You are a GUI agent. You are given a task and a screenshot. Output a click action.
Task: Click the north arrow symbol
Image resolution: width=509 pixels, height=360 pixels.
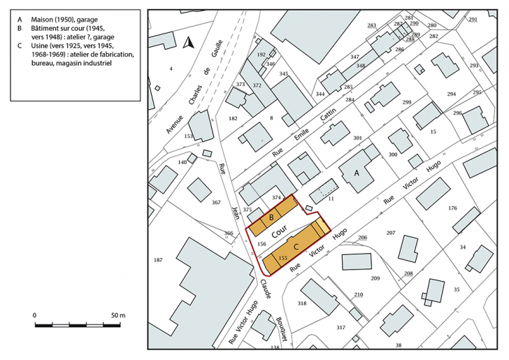(x=187, y=43)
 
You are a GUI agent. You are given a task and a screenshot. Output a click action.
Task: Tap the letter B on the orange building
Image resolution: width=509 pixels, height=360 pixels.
(x=271, y=218)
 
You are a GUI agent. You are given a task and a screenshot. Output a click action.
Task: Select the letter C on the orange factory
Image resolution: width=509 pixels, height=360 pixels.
(x=296, y=247)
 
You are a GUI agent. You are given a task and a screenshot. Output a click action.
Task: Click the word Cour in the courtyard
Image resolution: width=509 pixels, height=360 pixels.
(x=280, y=231)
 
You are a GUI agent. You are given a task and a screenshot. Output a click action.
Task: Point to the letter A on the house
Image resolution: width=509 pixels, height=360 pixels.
(x=357, y=172)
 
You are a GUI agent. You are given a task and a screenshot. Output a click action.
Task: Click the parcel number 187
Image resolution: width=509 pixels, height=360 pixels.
(x=158, y=260)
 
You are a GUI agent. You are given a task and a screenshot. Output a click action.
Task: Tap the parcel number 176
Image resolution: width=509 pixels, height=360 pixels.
(x=452, y=208)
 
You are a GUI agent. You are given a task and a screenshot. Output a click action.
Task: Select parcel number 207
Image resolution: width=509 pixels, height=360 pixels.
(x=391, y=233)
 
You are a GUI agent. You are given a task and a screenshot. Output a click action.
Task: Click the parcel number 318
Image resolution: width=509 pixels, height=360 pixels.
(x=302, y=303)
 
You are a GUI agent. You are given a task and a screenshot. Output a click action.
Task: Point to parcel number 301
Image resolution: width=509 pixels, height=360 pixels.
(x=358, y=138)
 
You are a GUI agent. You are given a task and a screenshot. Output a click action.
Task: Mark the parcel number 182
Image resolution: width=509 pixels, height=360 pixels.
(x=233, y=120)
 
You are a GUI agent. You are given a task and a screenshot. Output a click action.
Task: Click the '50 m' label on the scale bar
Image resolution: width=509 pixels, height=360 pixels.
(x=117, y=316)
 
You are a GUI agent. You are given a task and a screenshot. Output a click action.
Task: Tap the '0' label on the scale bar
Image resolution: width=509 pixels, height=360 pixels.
(x=35, y=316)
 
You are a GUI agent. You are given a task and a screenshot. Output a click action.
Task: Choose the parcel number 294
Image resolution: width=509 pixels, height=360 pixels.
(x=451, y=94)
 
